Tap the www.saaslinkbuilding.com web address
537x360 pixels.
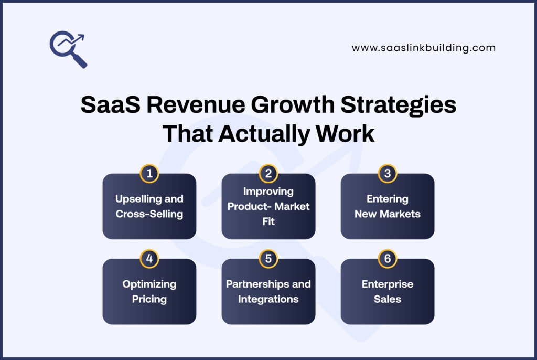tap(423, 48)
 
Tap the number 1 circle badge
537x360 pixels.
tap(149, 174)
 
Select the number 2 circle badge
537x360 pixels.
tap(268, 174)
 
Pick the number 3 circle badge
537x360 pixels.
tap(388, 174)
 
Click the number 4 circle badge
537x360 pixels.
tap(149, 259)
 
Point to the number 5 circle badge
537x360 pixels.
tap(268, 259)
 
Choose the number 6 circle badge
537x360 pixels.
tap(388, 259)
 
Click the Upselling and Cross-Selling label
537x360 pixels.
tap(149, 206)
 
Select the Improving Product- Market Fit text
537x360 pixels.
tap(268, 206)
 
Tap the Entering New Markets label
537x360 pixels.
tap(388, 206)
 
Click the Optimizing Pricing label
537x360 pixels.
tap(149, 291)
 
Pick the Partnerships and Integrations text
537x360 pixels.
tap(268, 291)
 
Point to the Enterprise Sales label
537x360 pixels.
tap(388, 291)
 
